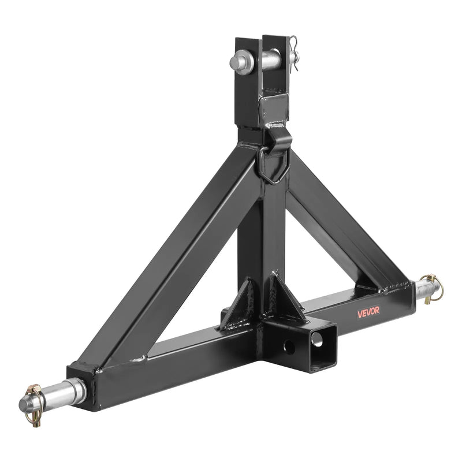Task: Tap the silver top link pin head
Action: [x=239, y=61]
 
